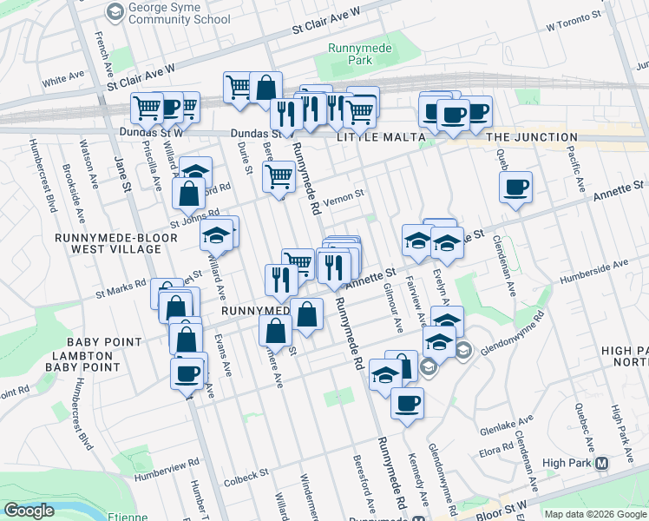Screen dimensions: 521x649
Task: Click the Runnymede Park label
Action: pos(351,55)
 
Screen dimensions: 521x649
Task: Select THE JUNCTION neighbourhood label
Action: pos(532,137)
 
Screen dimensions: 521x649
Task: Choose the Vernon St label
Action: pos(342,201)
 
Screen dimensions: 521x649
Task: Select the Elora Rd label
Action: pos(495,452)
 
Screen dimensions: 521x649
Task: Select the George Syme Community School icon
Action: pos(114,11)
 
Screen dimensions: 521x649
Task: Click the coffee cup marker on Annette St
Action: pos(515,187)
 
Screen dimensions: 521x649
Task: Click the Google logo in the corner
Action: pos(29,511)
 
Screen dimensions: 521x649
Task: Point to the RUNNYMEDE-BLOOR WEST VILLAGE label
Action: pos(108,242)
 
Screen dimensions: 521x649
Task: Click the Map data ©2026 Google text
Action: pos(594,514)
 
